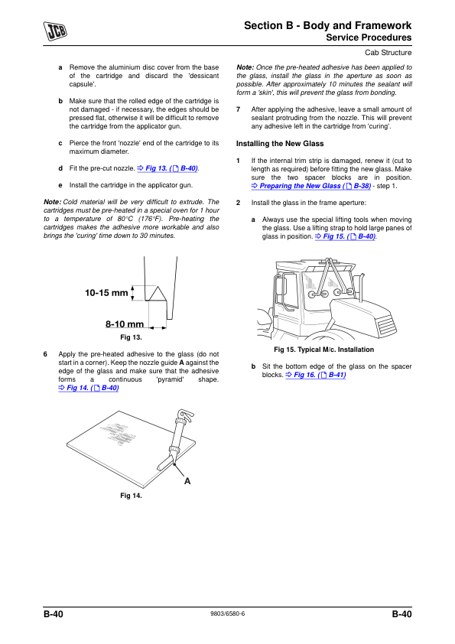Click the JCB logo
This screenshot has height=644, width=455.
[x=55, y=31]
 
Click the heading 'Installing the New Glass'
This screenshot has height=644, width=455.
[x=280, y=144]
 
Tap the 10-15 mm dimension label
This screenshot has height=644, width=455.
[x=106, y=293]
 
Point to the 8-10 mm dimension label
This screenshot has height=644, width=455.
[x=125, y=324]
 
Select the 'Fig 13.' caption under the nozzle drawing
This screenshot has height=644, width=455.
[x=131, y=337]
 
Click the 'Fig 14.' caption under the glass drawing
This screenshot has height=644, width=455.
[x=131, y=496]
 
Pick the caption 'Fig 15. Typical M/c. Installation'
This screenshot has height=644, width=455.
[x=324, y=350]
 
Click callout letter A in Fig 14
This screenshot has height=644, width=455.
[x=187, y=481]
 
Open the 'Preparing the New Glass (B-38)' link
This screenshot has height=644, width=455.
[x=311, y=186]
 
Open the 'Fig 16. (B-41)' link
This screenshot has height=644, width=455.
[x=316, y=375]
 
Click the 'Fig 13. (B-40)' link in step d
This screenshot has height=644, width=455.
[x=167, y=168]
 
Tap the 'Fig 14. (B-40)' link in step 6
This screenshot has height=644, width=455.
[x=89, y=388]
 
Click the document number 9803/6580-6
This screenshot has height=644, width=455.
[x=228, y=613]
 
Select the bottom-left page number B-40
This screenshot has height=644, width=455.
[x=54, y=614]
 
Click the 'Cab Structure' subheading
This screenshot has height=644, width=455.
[x=388, y=53]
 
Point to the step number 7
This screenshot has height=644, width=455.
[x=238, y=109]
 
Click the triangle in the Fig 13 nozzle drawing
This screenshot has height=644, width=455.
[x=157, y=293]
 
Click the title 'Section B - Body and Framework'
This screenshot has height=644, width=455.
[x=328, y=25]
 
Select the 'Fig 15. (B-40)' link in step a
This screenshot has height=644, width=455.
[x=346, y=236]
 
